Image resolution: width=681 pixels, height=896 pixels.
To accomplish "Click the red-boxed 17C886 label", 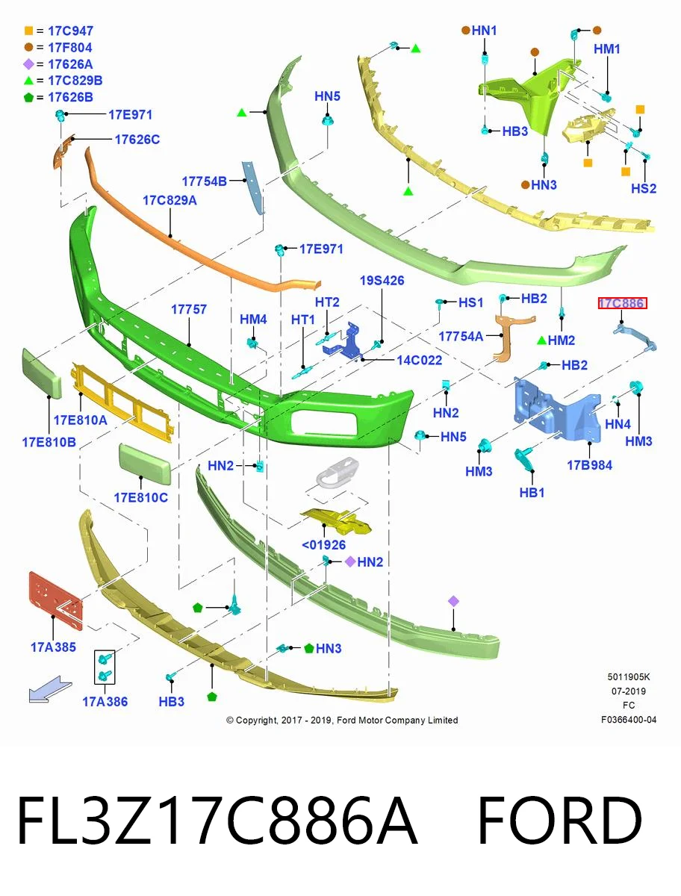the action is (622, 303).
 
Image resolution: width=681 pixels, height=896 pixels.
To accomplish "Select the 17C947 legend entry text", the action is (71, 31).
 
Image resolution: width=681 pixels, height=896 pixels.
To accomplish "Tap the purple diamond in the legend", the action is (28, 64).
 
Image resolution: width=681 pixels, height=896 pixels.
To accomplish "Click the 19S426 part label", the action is (382, 281).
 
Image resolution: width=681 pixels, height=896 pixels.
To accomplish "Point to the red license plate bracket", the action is (55, 600).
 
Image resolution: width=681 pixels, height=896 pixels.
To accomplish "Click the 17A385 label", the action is (54, 647).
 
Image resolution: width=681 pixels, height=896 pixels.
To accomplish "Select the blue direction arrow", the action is (50, 689).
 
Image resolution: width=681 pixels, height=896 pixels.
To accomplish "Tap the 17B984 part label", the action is (590, 465).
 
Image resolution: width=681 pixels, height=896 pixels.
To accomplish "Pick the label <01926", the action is (323, 545).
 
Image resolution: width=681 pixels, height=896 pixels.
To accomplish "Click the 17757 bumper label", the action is (189, 309).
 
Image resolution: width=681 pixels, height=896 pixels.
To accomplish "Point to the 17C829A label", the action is (170, 200).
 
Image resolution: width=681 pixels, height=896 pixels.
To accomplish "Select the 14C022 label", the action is (420, 360).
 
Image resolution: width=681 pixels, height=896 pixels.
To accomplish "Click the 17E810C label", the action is (141, 497).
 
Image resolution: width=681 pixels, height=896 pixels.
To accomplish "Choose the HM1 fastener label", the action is (607, 49).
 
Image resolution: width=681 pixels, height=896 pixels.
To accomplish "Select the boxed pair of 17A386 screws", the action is (105, 667).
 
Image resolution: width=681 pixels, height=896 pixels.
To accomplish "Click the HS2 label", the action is (644, 188).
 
